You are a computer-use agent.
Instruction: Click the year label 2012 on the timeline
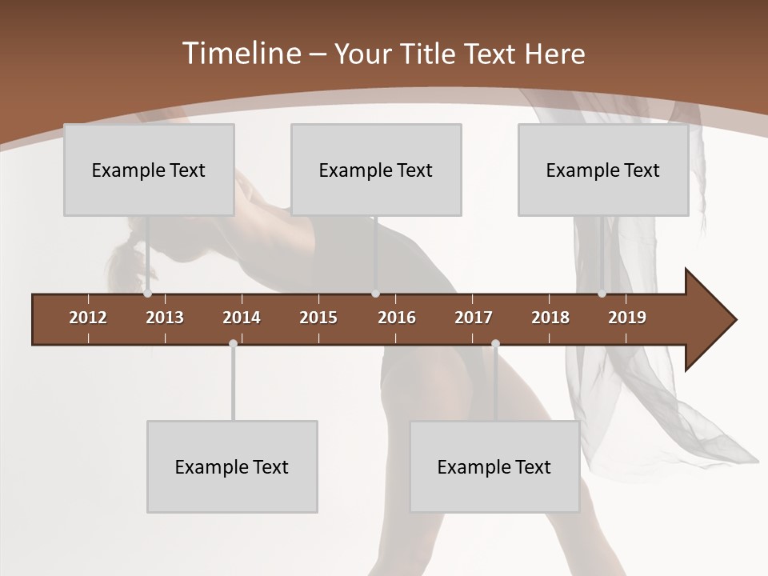click(88, 318)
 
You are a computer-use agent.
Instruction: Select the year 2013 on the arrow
click(165, 318)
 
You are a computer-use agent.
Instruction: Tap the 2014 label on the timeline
click(242, 318)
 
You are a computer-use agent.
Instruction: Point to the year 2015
click(318, 318)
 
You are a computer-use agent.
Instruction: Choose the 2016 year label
click(397, 318)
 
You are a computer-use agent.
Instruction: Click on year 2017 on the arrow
click(474, 318)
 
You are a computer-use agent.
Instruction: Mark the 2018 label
click(550, 318)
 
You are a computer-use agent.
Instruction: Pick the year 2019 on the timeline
click(627, 318)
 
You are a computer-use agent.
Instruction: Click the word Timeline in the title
click(241, 54)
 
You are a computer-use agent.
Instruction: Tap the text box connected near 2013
click(149, 170)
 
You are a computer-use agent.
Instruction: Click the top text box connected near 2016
click(376, 170)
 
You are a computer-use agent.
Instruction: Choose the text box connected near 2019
click(603, 170)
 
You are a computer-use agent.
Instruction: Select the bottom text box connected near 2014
click(232, 466)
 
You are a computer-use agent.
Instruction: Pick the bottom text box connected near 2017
click(494, 466)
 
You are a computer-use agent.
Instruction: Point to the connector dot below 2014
click(233, 344)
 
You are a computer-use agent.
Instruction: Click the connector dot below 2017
click(495, 344)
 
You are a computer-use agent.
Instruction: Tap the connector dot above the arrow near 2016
click(375, 294)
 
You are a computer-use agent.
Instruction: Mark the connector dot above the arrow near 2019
click(602, 294)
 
